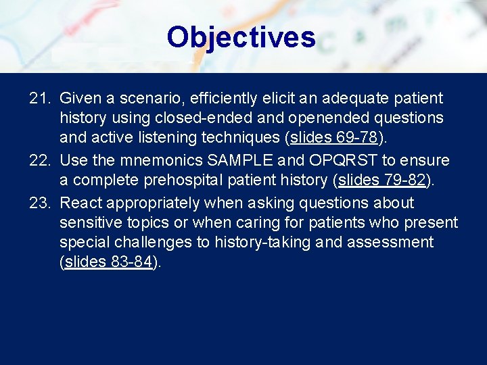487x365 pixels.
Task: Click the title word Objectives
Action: [241, 37]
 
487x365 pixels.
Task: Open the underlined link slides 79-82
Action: [381, 180]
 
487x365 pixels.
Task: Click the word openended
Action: [313, 118]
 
